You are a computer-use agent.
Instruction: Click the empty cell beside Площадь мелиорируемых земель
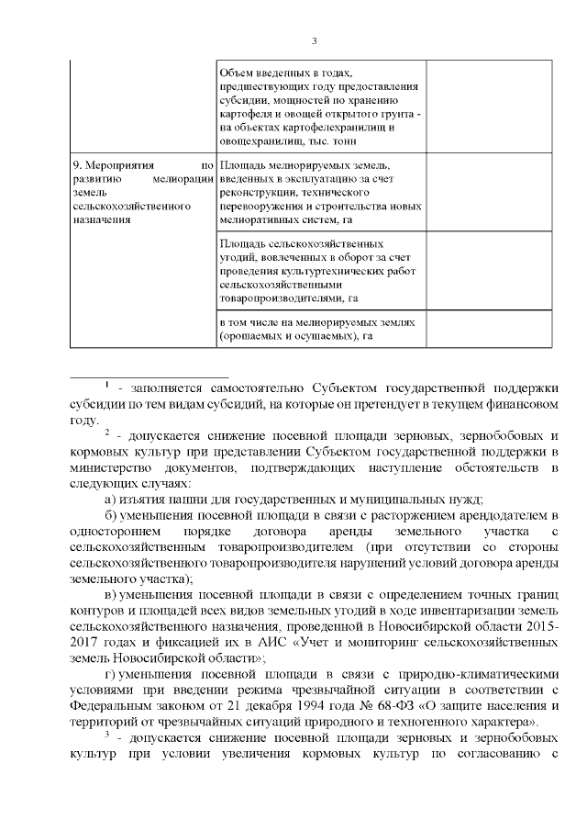[x=489, y=192]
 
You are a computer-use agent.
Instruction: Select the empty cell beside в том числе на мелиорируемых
[x=489, y=330]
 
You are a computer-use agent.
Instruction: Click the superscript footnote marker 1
[x=107, y=382]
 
